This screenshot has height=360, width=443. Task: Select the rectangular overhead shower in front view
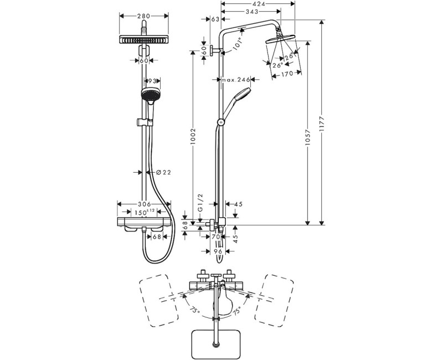click(x=143, y=40)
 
